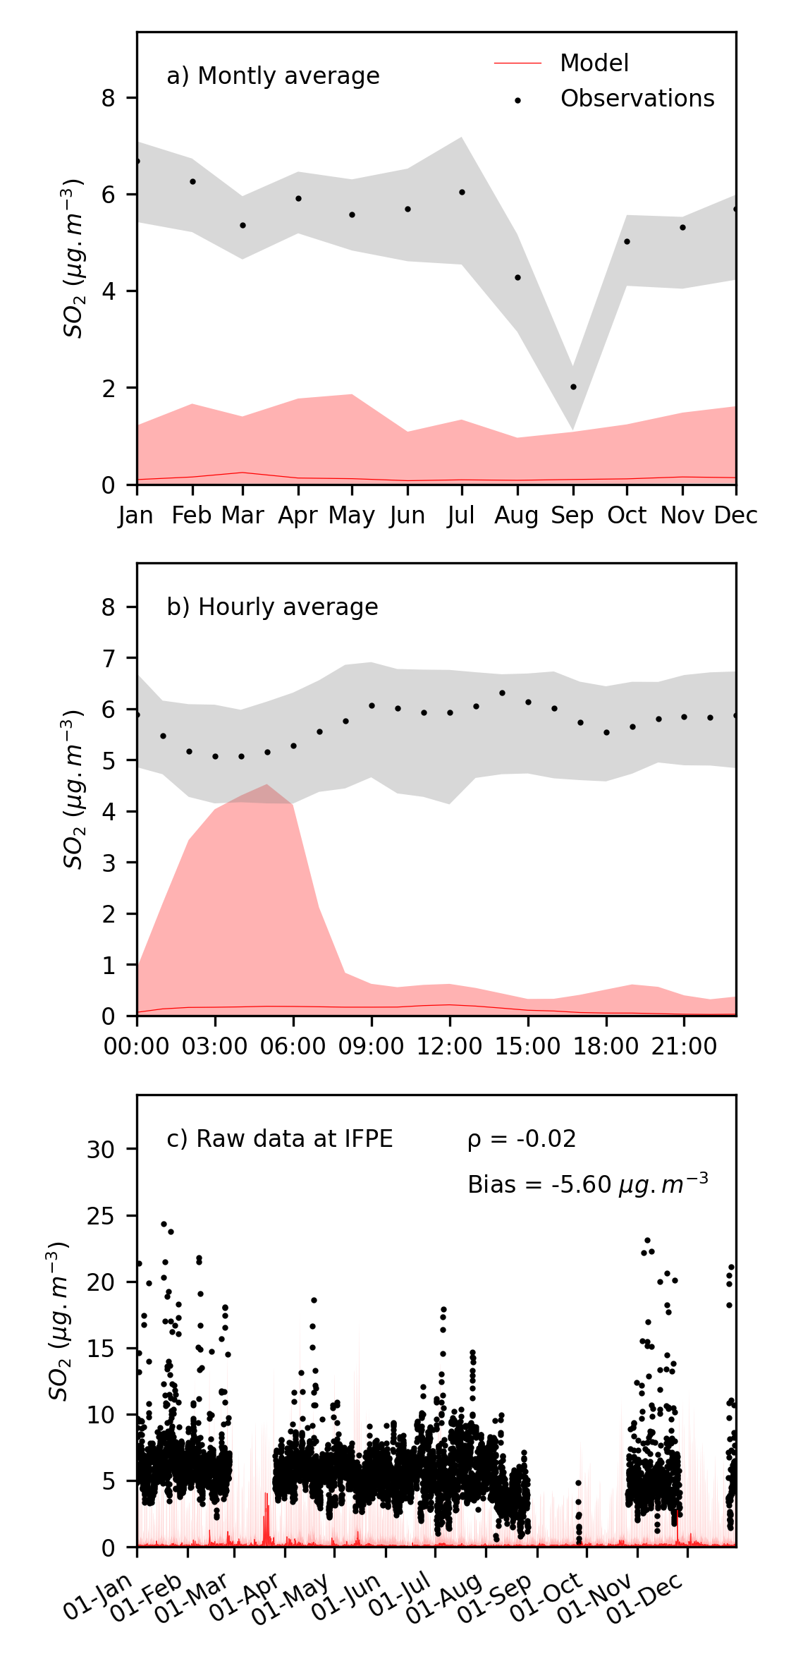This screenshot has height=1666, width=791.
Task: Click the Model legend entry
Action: [x=594, y=63]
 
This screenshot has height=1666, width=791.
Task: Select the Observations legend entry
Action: [x=637, y=99]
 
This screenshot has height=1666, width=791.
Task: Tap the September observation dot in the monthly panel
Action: [x=573, y=387]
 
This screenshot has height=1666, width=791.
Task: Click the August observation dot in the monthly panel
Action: [x=517, y=278]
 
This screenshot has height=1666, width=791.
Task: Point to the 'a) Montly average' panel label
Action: [x=273, y=76]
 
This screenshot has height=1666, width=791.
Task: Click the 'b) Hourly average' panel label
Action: [x=272, y=607]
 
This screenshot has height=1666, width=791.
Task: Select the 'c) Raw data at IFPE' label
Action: [x=279, y=1139]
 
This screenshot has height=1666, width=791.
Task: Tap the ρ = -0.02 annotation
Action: [x=522, y=1139]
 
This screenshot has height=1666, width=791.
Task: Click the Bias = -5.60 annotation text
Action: [x=587, y=1184]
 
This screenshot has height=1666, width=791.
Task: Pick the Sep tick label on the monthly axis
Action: [x=572, y=516]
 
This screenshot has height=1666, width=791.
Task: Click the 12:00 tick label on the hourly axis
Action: [x=449, y=1046]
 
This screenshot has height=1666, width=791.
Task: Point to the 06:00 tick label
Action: [x=293, y=1046]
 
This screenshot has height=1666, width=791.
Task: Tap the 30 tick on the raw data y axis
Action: [x=100, y=1150]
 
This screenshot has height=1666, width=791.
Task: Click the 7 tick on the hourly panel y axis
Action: [x=108, y=659]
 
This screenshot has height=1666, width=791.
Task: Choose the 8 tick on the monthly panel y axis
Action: [x=108, y=98]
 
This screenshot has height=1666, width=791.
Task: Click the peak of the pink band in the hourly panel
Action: [x=266, y=784]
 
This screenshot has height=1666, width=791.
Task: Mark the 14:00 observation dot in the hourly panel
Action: [x=502, y=693]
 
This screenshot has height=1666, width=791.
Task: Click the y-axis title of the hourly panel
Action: [x=73, y=790]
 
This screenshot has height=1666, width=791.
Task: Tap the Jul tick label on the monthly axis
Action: [x=461, y=516]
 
